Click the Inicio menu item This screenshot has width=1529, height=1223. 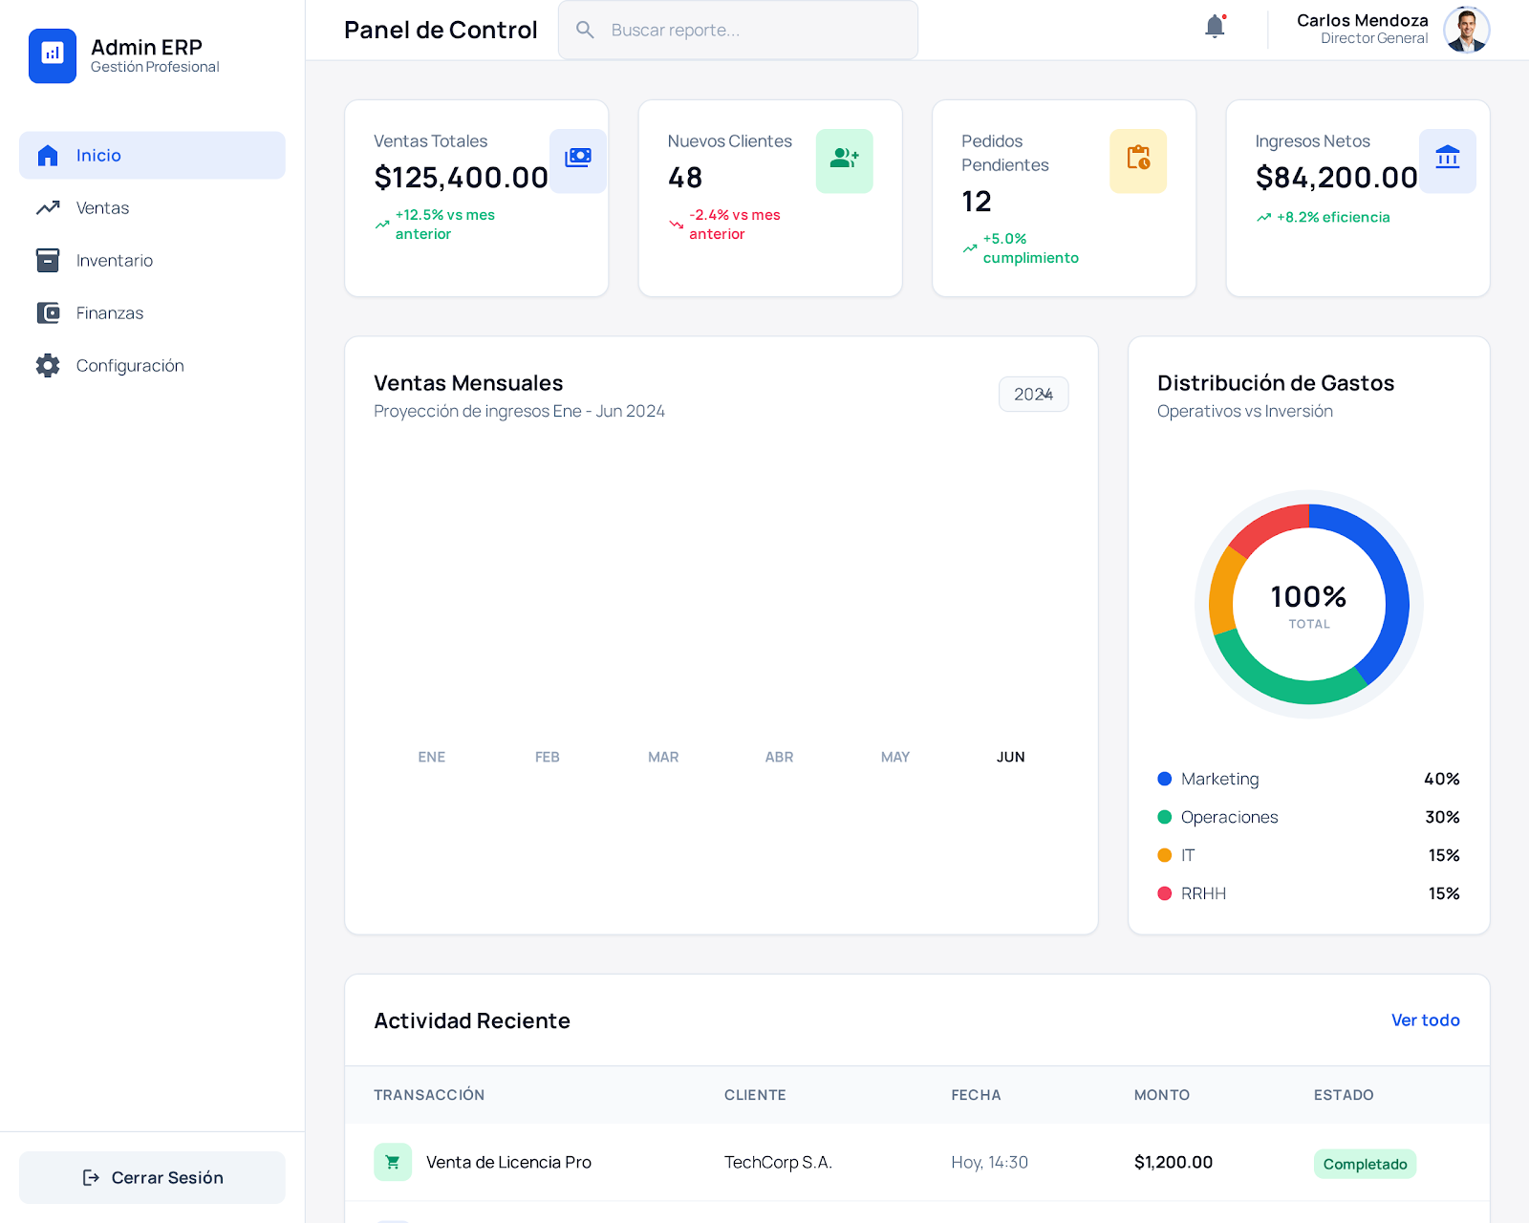(152, 155)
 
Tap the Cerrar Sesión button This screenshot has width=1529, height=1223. (152, 1177)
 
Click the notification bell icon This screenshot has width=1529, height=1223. (1215, 27)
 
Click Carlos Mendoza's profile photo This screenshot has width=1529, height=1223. (1466, 30)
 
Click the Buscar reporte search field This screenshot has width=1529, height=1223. (738, 30)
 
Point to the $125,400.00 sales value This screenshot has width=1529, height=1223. (461, 178)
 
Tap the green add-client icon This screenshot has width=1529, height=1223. (844, 160)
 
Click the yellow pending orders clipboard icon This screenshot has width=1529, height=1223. (1137, 160)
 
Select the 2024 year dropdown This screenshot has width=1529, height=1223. (1033, 394)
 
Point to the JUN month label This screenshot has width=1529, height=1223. (1010, 757)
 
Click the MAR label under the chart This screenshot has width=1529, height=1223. (663, 757)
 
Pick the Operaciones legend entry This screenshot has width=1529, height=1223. (1229, 817)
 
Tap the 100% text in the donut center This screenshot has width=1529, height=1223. (1308, 597)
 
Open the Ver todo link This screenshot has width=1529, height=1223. (1425, 1019)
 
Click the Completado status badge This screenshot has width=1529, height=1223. (1365, 1164)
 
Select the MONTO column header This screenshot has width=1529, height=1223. (1161, 1095)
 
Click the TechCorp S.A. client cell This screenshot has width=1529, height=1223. (778, 1162)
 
